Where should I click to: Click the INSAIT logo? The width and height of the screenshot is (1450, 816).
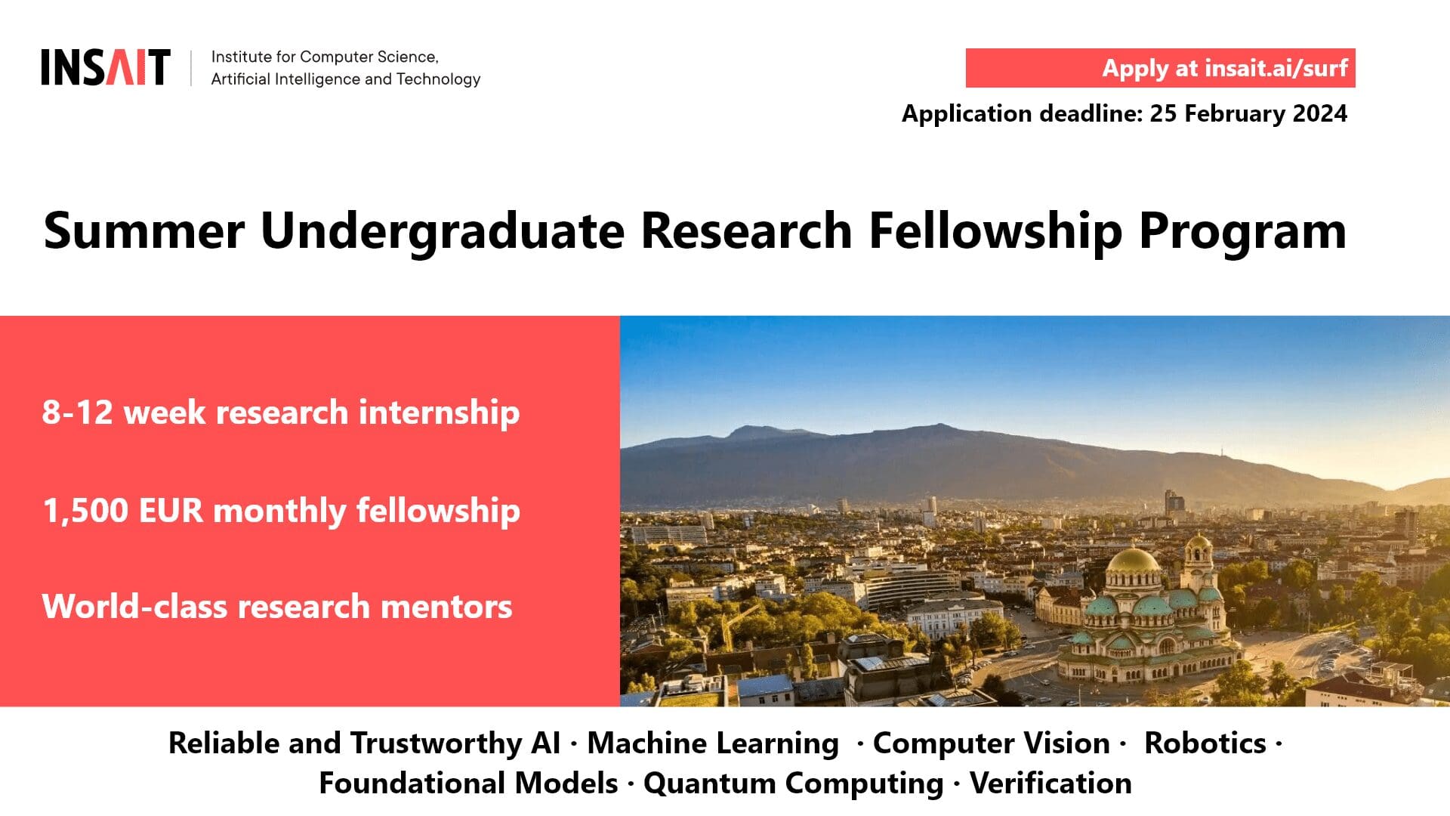pos(106,67)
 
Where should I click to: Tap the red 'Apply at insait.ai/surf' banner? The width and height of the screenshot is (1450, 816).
pos(1160,68)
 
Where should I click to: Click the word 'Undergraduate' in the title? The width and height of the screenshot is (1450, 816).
pos(443,230)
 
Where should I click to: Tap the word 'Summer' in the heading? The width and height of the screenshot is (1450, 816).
pos(144,230)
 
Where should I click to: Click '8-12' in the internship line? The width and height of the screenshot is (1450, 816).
pos(77,413)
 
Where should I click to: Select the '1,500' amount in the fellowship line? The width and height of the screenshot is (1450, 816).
pos(85,511)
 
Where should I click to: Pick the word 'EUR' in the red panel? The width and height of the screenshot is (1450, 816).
pos(171,511)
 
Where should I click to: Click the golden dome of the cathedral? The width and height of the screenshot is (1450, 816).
pos(1132,560)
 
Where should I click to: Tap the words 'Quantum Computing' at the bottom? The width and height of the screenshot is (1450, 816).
pos(793,784)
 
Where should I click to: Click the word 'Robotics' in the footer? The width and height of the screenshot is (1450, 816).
pos(1205,743)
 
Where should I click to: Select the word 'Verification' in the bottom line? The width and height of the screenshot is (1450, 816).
pos(1050,784)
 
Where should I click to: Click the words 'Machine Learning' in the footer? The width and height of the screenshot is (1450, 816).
pos(713,743)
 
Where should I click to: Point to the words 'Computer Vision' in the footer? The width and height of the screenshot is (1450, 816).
pos(992,743)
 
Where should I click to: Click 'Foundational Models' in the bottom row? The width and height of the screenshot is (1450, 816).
pos(468,784)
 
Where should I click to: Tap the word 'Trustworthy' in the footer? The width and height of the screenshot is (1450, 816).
pos(435,743)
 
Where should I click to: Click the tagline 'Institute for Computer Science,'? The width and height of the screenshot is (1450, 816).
pos(325,57)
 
